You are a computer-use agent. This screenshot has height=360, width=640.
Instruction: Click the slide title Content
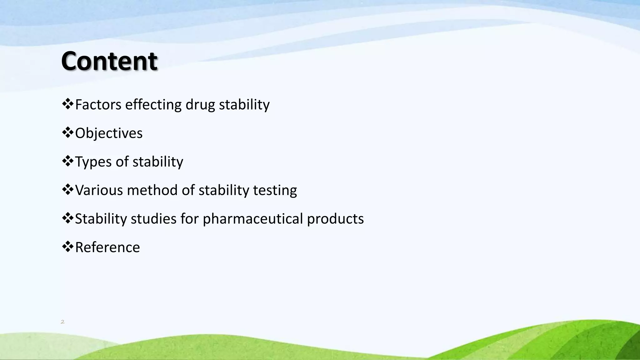point(109,61)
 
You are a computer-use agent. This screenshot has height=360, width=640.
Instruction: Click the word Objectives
point(109,133)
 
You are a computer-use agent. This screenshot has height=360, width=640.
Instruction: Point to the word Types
point(93,162)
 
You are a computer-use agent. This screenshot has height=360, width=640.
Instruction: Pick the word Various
point(99,190)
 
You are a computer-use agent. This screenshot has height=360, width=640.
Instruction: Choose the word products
point(335,219)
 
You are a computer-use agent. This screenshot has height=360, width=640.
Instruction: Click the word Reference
point(107,247)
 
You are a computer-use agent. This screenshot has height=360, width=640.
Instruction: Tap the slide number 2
point(62,322)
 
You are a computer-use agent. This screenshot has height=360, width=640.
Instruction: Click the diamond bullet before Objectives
point(67,132)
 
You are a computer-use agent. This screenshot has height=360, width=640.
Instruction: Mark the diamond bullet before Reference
point(67,247)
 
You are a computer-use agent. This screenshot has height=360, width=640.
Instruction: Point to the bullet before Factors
point(67,104)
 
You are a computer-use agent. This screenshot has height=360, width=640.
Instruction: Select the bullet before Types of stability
point(67,161)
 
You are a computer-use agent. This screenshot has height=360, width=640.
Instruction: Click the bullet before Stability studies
point(67,218)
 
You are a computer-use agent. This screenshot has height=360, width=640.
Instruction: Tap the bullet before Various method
point(67,189)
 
